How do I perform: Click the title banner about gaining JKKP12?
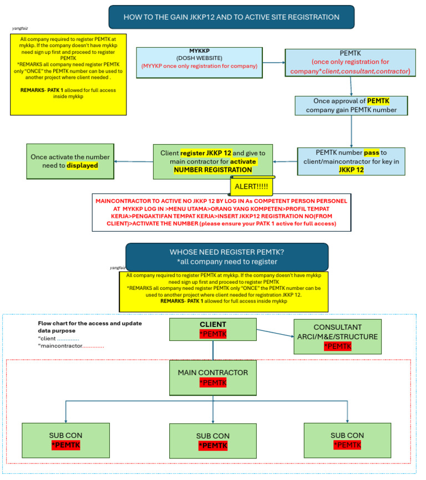coord(231,17)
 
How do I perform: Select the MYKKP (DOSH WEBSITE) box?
coord(199,62)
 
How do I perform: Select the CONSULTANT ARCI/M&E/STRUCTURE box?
coord(338,336)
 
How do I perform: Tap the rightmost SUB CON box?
coord(347,440)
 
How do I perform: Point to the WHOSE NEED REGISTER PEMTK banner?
coord(227,257)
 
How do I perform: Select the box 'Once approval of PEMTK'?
coord(351,105)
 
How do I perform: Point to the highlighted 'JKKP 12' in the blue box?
coord(351,170)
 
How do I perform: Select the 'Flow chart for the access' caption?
coord(82,326)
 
